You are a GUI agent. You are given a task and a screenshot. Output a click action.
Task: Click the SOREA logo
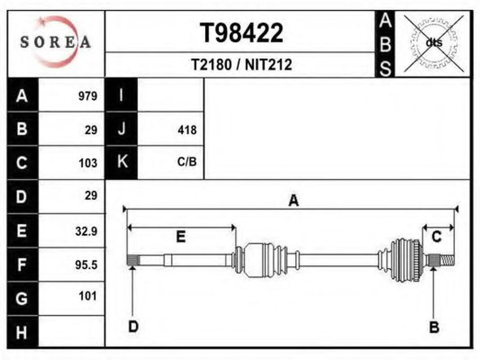coord(56,42)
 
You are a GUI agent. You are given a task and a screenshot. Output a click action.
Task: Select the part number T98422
coord(241,33)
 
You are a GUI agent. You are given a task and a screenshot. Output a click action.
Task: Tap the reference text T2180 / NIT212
coord(241,65)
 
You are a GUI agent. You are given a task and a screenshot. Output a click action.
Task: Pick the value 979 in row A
coord(88,96)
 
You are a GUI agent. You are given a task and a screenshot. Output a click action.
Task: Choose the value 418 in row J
coord(187,130)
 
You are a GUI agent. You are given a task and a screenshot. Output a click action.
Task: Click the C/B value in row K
coord(187,162)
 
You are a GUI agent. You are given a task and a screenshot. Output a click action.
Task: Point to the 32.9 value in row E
coord(86,231)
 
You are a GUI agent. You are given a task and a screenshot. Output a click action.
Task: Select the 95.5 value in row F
coord(86,265)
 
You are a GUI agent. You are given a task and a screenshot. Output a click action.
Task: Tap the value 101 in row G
coord(87,296)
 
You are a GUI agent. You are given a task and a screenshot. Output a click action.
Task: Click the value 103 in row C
coord(88,163)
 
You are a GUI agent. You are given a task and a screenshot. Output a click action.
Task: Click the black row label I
coord(121,95)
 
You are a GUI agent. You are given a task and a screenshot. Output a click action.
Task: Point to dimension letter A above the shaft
coord(294,201)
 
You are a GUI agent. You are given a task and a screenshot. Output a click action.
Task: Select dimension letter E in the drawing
coord(180,237)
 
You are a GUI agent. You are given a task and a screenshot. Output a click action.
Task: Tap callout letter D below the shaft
coord(133,326)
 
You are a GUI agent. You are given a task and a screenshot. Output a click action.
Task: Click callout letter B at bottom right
coord(434,327)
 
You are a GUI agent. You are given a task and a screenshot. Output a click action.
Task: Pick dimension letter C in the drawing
coord(436,237)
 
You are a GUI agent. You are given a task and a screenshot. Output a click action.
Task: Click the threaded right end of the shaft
coord(447,260)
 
